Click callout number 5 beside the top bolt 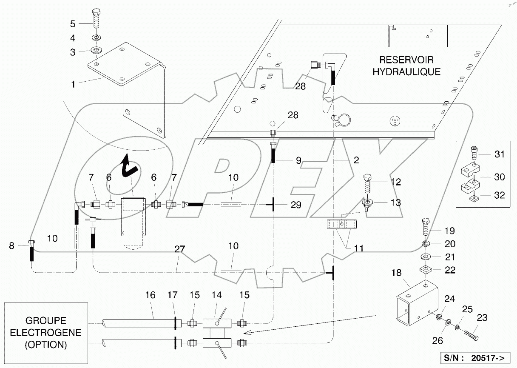point(73,24)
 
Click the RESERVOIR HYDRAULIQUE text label point(406,66)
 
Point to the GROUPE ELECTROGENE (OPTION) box point(46,332)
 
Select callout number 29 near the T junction point(296,205)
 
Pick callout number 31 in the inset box point(500,154)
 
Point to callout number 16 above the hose point(150,295)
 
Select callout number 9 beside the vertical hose point(298,160)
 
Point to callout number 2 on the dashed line point(356,160)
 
